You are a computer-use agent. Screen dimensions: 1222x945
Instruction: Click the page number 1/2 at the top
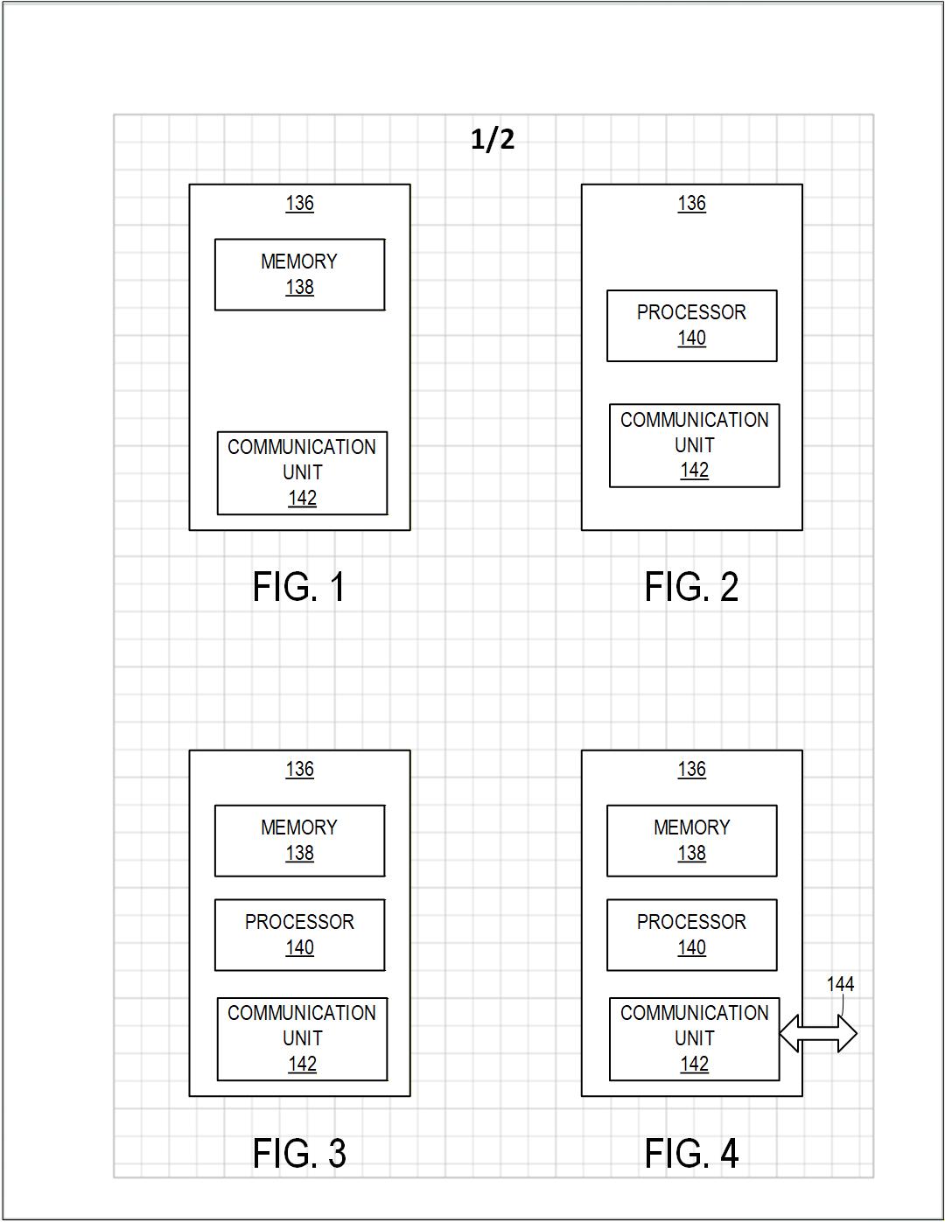pos(493,139)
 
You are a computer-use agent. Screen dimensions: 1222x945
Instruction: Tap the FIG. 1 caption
pos(299,587)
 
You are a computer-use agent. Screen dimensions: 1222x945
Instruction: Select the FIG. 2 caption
pos(691,587)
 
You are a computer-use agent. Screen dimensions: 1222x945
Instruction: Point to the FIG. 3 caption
pos(299,1153)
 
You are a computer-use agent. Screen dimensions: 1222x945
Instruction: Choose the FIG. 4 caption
pos(691,1153)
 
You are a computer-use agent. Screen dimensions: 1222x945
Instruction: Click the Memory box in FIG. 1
pos(299,275)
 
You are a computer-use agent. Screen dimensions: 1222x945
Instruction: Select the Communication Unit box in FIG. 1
pos(302,473)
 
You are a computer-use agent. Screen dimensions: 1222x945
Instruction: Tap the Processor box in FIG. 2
pos(691,325)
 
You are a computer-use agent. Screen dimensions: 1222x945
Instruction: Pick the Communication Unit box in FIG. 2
pos(694,445)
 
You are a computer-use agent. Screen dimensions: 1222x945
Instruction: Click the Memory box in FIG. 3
pos(299,841)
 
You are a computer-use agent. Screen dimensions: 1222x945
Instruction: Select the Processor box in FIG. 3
pos(299,935)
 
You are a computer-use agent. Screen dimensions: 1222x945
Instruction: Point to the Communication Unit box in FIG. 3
pos(302,1039)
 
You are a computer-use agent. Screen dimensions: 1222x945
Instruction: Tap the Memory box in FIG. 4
pos(691,841)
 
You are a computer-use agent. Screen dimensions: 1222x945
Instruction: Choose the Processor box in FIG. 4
pos(691,935)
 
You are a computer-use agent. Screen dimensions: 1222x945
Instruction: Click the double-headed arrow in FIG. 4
pos(818,1034)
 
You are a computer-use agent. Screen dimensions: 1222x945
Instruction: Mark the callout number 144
pos(840,985)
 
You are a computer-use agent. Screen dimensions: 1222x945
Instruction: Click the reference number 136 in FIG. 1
pos(299,204)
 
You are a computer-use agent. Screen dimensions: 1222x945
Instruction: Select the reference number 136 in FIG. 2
pos(691,204)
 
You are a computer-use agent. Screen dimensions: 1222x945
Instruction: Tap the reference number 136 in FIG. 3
pos(299,770)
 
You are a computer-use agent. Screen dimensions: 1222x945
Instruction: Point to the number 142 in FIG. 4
pos(694,1065)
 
